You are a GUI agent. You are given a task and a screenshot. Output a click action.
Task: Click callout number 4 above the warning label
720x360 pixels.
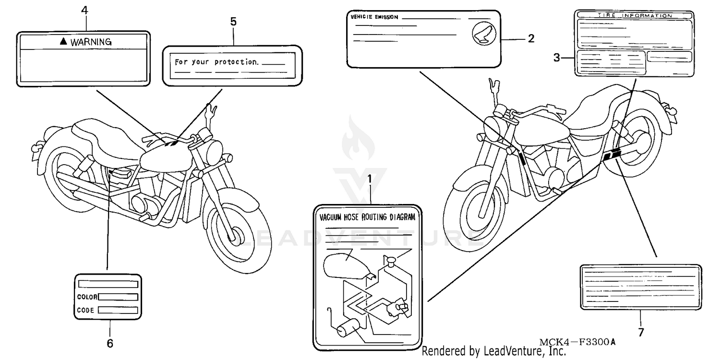[x=84, y=10]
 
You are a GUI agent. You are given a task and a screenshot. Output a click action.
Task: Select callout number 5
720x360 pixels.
[x=233, y=22]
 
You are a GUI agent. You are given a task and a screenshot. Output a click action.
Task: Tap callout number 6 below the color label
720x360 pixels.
[x=110, y=344]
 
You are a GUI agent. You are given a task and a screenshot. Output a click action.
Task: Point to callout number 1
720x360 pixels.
[x=370, y=179]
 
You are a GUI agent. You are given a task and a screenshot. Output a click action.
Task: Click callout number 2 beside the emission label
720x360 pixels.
[x=531, y=39]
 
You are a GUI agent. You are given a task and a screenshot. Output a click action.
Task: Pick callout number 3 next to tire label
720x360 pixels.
[x=556, y=58]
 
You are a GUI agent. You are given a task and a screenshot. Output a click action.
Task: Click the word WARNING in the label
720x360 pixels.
[x=91, y=42]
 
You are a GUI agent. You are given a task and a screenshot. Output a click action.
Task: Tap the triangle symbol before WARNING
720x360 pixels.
[x=63, y=42]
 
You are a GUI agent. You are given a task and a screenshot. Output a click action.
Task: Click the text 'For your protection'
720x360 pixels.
[x=216, y=62]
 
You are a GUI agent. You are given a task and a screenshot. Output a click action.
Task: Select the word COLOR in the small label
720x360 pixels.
[x=87, y=297]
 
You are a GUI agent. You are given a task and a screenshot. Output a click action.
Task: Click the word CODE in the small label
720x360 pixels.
[x=86, y=311]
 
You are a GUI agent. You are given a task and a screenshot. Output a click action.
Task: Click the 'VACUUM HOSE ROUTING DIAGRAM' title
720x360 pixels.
[x=367, y=217]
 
